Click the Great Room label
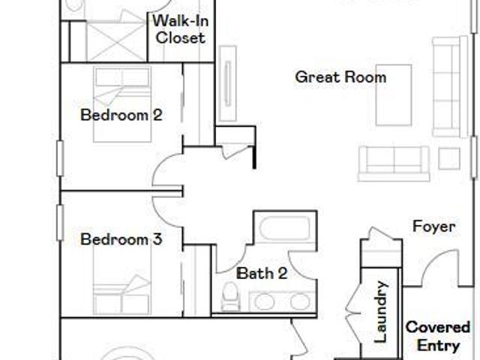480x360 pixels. pyautogui.click(x=340, y=76)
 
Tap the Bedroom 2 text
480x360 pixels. pyautogui.click(x=121, y=115)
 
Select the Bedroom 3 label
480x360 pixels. pyautogui.click(x=121, y=239)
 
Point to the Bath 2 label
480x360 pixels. pyautogui.click(x=262, y=273)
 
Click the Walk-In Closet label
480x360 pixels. pyautogui.click(x=181, y=29)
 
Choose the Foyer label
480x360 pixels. pyautogui.click(x=433, y=226)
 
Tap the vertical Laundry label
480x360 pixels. pyautogui.click(x=381, y=312)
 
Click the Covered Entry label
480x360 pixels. pyautogui.click(x=438, y=336)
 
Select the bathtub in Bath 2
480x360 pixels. pyautogui.click(x=285, y=228)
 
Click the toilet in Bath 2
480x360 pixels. pyautogui.click(x=230, y=296)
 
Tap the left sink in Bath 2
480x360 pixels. pyautogui.click(x=264, y=301)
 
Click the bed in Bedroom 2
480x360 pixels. pyautogui.click(x=122, y=104)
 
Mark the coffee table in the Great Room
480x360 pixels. pyautogui.click(x=394, y=95)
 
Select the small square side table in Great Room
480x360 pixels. pyautogui.click(x=449, y=158)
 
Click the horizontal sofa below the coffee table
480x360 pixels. pyautogui.click(x=394, y=163)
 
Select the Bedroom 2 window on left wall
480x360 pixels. pyautogui.click(x=60, y=158)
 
